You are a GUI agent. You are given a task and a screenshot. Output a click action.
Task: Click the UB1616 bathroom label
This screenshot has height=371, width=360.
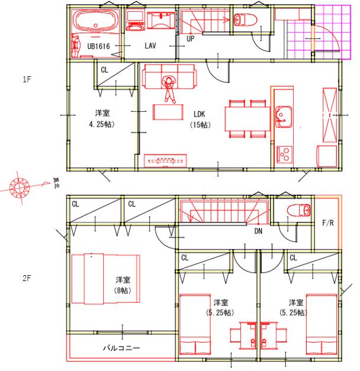click(x=98, y=46)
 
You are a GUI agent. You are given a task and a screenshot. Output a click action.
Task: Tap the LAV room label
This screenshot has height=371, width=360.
click(x=150, y=46)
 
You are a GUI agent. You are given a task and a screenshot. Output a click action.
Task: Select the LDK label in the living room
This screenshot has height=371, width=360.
click(x=199, y=114)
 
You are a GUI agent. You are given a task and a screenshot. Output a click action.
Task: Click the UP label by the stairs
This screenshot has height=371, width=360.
click(x=191, y=38)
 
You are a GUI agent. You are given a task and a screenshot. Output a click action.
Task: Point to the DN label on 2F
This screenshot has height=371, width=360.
click(x=258, y=231)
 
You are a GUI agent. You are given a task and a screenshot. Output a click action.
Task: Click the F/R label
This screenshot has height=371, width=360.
click(x=328, y=222)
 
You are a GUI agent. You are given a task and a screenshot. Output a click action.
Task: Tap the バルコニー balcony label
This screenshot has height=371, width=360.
click(x=121, y=347)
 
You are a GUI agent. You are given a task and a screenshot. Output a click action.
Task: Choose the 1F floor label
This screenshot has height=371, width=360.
click(x=27, y=79)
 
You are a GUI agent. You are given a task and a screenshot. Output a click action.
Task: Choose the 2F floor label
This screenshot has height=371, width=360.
click(x=27, y=278)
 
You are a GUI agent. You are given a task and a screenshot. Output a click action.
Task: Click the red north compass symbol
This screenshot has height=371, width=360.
click(x=20, y=188)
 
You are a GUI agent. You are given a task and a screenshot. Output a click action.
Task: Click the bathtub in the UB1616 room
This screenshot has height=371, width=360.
click(x=95, y=21)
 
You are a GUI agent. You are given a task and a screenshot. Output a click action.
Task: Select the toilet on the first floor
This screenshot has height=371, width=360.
click(x=245, y=20)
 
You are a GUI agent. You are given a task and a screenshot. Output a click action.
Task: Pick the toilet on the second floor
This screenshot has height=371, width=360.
click(x=298, y=210)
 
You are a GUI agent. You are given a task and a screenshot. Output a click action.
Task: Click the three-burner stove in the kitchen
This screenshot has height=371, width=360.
click(x=284, y=154)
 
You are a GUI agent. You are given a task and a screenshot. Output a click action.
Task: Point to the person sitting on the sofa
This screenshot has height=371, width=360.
click(x=169, y=89)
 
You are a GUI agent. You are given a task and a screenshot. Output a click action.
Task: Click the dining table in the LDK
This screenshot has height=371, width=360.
click(x=247, y=119)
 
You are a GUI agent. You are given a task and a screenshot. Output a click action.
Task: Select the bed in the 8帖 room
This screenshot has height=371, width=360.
click(x=105, y=279)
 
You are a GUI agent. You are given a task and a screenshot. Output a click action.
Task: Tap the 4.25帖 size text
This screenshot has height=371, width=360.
click(x=102, y=124)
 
